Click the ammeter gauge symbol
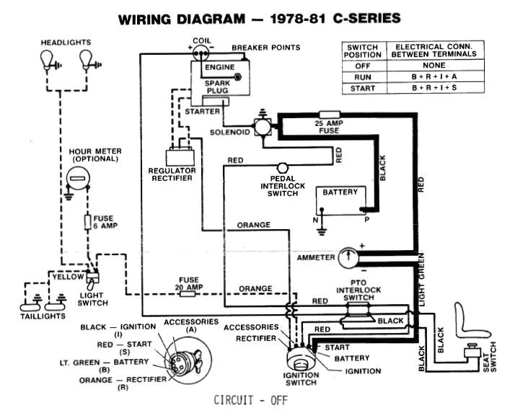click(349, 257)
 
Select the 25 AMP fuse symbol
click(330, 114)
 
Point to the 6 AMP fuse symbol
click(87, 221)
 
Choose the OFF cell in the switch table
click(363, 65)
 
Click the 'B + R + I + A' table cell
click(434, 76)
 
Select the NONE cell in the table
click(434, 65)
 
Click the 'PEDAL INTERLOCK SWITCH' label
click(282, 186)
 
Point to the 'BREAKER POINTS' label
click(265, 48)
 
